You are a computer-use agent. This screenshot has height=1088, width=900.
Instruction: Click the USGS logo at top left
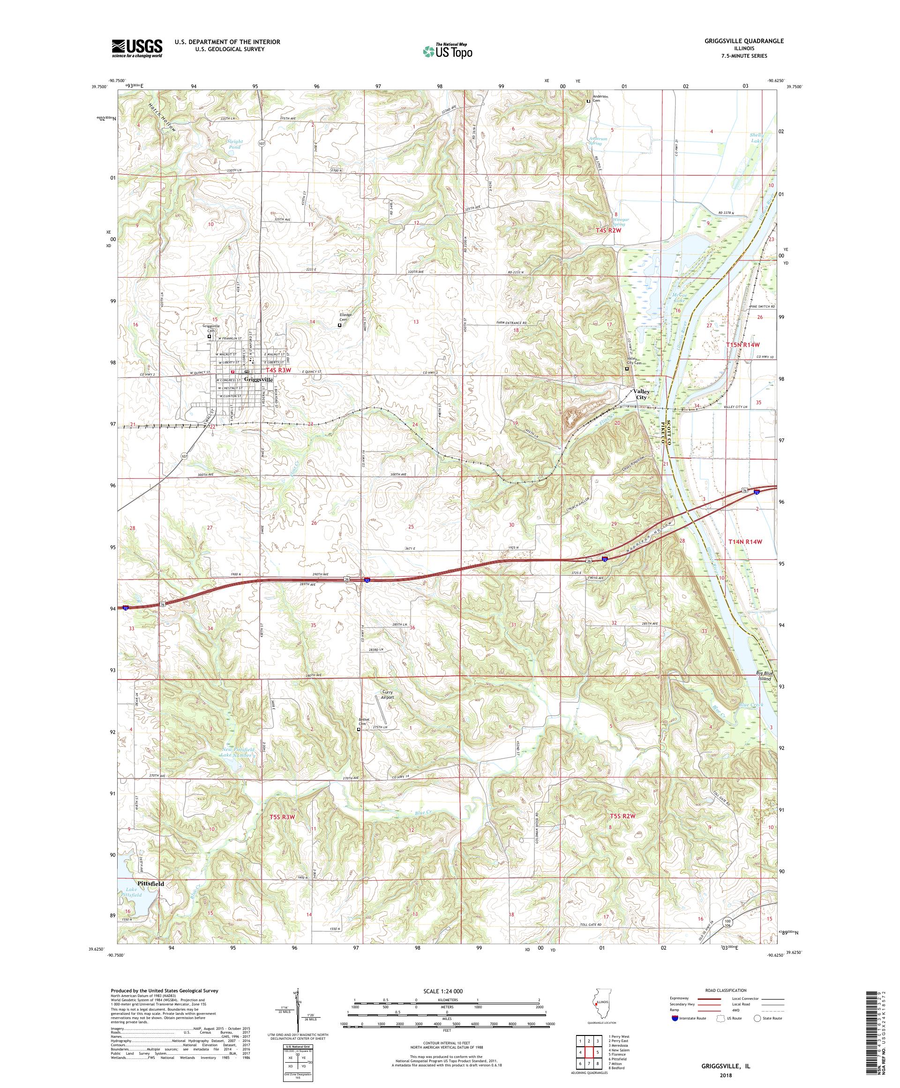[x=137, y=48]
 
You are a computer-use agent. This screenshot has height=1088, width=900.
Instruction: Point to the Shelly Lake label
[x=757, y=138]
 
